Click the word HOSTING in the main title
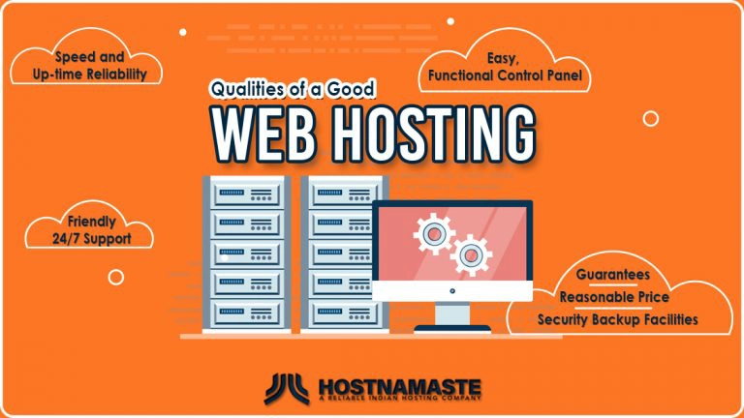coord(434,134)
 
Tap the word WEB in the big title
coord(263,134)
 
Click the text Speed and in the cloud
coord(90,57)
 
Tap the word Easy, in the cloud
coord(503,58)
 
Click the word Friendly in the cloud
coord(92,222)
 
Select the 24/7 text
coord(66,239)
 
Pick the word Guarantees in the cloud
coord(613,275)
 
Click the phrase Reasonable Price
coord(614,297)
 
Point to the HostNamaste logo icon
coord(287,389)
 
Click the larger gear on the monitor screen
coord(434,233)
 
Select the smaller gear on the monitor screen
coord(471,255)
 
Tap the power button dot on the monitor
coord(452,291)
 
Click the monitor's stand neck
coord(452,313)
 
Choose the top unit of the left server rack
coord(247,193)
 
